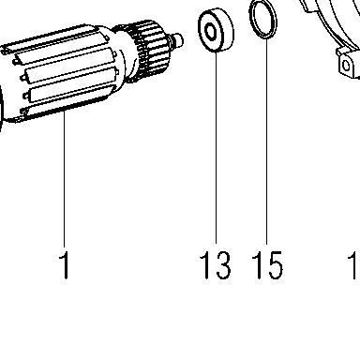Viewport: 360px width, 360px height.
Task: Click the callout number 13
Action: [216, 265]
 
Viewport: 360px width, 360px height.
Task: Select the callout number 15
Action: [267, 265]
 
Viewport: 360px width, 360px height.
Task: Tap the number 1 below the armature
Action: [64, 264]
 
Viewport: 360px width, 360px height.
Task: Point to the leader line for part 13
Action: [216, 147]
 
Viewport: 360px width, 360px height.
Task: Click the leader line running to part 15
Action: [266, 142]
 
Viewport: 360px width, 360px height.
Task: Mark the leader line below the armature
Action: [64, 179]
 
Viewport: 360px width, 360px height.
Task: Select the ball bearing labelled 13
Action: [216, 31]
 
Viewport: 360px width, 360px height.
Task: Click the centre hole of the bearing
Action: [210, 31]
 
